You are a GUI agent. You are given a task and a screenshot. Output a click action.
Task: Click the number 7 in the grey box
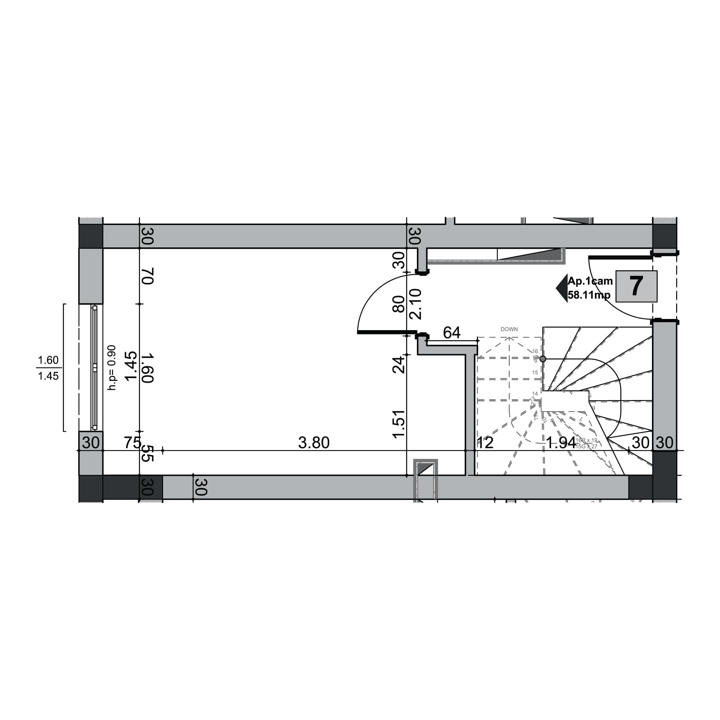636,286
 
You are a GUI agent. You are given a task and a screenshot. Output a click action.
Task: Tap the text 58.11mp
589,295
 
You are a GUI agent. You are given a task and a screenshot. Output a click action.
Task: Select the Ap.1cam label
590,281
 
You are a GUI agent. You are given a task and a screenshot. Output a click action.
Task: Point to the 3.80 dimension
314,443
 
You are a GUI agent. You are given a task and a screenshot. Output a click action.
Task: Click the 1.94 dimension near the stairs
561,443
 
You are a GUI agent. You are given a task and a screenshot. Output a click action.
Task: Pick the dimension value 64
451,332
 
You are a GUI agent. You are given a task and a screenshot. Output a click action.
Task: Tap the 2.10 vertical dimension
415,304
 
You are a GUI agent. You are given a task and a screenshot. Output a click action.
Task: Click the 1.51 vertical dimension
399,424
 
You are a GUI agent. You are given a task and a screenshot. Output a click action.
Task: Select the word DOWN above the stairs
509,329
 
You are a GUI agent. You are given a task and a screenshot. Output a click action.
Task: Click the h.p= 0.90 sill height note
112,368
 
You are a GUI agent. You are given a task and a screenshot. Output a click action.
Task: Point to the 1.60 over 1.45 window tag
49,368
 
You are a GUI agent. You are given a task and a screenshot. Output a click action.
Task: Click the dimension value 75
132,443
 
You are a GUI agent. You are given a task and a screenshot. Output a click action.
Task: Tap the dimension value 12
485,443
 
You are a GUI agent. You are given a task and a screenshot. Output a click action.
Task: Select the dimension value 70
148,276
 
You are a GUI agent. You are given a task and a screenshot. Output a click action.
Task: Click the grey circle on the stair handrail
543,359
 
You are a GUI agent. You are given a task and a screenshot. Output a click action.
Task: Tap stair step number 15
535,372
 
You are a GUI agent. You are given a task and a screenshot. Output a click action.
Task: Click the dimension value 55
148,453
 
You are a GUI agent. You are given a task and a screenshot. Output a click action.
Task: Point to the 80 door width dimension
399,304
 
